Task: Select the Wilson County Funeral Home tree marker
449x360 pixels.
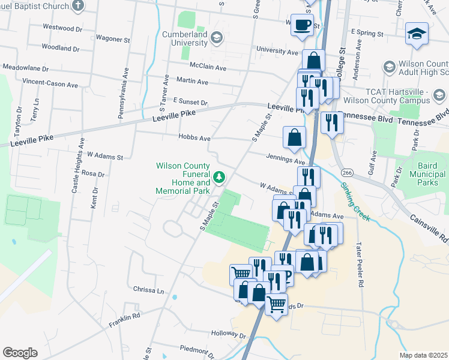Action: (x=220, y=176)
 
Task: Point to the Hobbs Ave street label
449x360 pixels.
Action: (x=194, y=137)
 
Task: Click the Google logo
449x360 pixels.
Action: (x=20, y=352)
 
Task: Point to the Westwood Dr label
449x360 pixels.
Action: (x=62, y=28)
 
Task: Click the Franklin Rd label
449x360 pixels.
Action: (x=124, y=320)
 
